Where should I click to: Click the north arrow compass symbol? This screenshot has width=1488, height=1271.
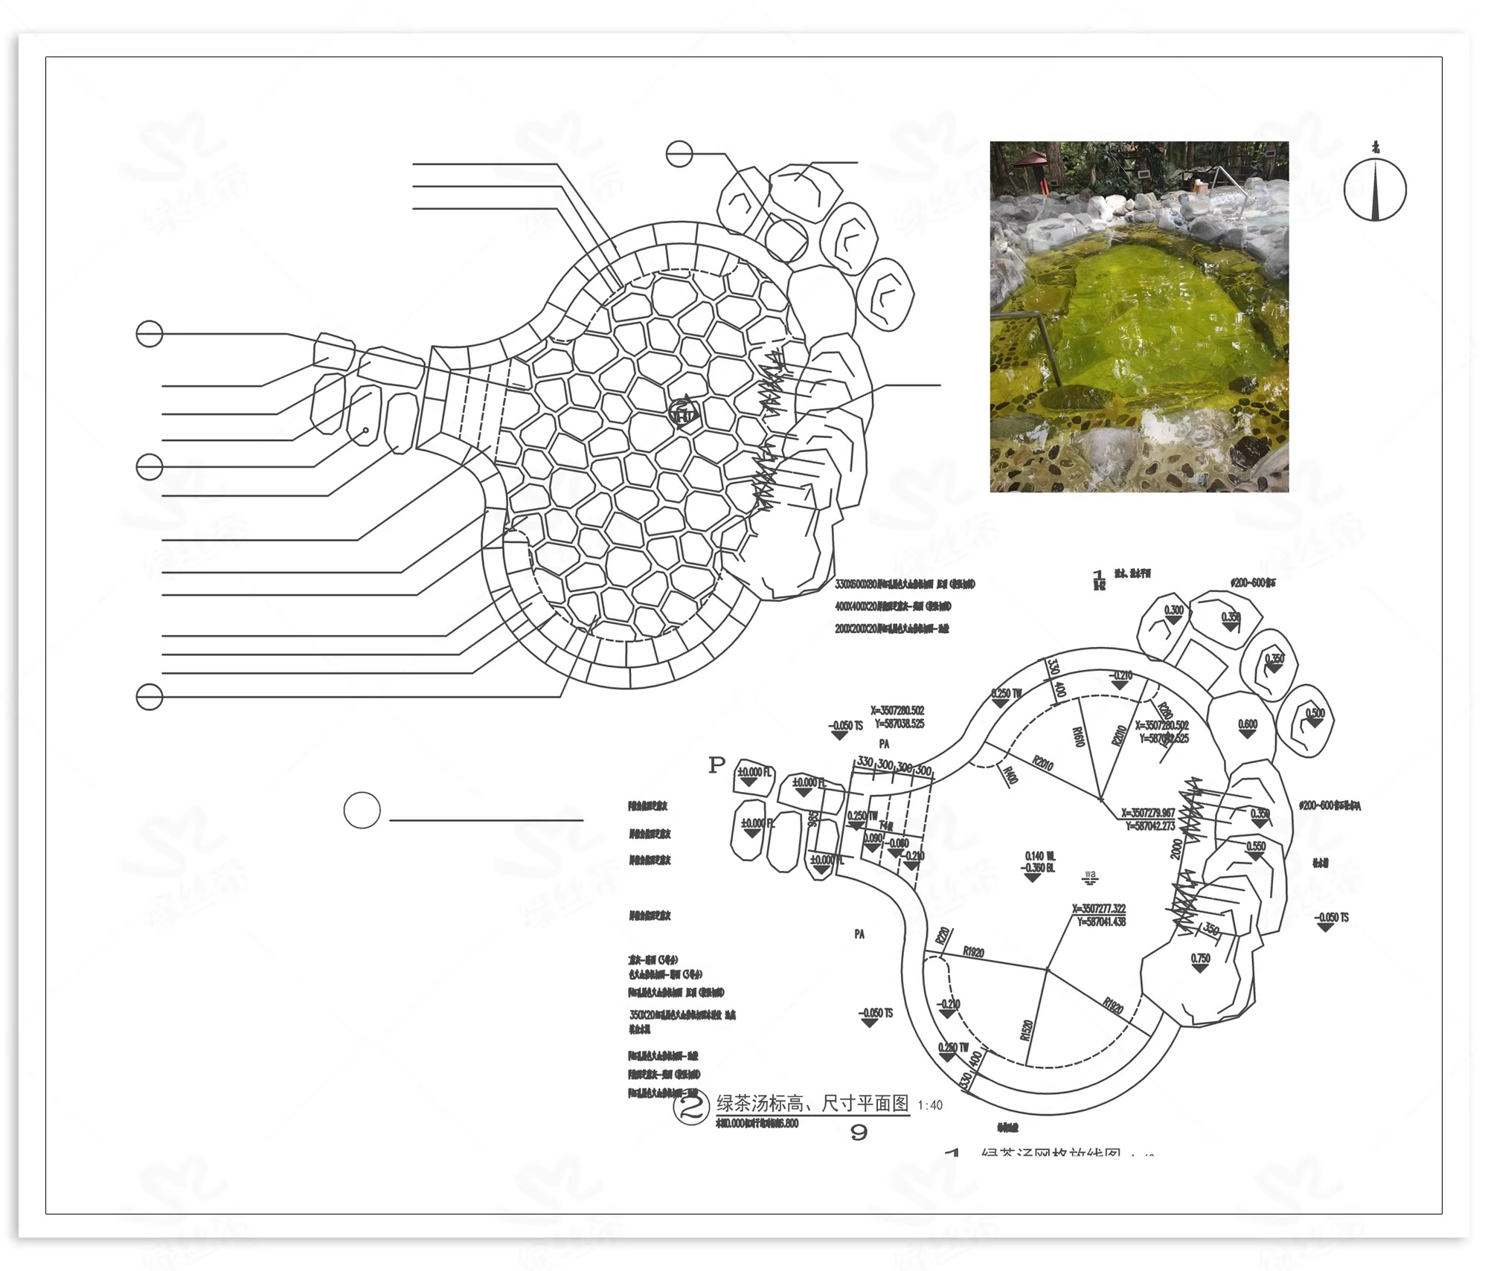pos(1375,190)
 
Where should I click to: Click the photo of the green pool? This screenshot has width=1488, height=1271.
pos(1138,316)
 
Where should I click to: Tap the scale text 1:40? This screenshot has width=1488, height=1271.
pos(929,1105)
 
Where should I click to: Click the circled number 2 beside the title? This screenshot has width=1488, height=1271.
pos(691,1107)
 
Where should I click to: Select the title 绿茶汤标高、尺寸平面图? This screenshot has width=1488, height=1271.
pos(812,1103)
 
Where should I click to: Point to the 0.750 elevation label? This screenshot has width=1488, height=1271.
pos(1201,959)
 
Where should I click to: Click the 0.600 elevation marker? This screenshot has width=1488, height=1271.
pos(1248,724)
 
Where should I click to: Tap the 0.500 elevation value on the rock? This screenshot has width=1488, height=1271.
pos(1315,713)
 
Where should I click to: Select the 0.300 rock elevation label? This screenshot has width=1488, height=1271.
pos(1173,611)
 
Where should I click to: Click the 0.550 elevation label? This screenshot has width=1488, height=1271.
pos(1256,846)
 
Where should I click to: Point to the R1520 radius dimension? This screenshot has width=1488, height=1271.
pos(1027,1029)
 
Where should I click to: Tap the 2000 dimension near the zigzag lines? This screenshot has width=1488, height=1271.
pos(1176,849)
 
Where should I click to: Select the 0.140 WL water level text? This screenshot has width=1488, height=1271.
pos(1039,856)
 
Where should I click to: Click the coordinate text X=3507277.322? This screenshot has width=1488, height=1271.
pos(1099,909)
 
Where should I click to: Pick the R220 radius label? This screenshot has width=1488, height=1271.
pos(943,936)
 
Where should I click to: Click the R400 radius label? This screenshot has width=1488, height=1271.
pos(1010,776)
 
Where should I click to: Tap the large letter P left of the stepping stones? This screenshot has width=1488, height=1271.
pos(716,765)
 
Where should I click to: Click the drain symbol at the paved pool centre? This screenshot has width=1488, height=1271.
pos(682,411)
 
